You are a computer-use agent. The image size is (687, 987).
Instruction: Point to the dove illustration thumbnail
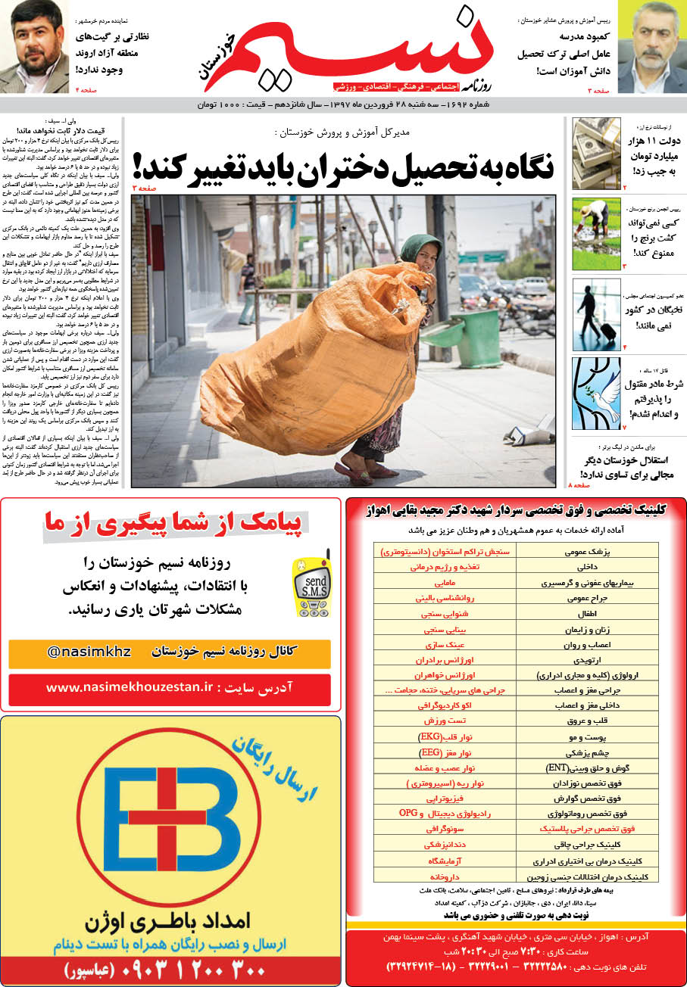tap(596, 394)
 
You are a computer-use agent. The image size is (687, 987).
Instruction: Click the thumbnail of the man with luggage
tap(596, 315)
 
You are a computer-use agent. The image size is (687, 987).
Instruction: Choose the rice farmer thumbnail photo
tap(596, 235)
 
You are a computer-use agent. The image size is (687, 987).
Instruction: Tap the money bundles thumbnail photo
tap(596, 154)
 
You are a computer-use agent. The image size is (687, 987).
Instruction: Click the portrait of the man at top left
tap(34, 47)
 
